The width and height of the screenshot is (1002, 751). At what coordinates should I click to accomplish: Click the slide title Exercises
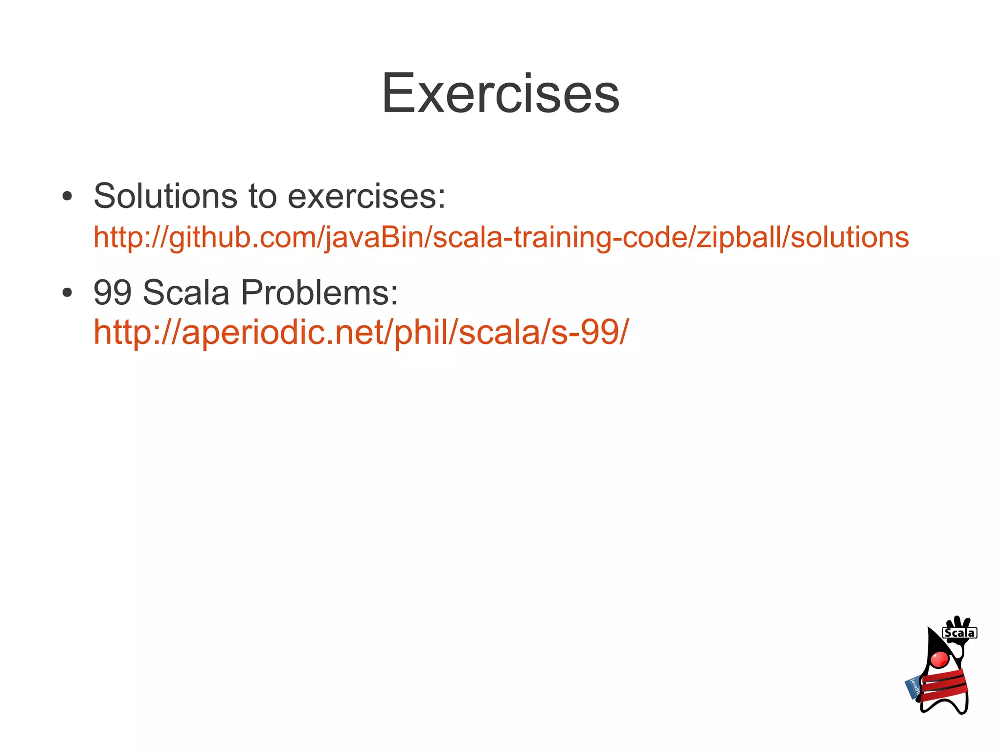click(x=500, y=93)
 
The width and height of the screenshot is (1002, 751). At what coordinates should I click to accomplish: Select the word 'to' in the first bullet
click(x=262, y=196)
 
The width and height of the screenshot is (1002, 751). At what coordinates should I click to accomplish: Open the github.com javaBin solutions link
click(x=501, y=237)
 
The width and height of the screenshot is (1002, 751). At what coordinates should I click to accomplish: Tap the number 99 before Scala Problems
click(x=113, y=292)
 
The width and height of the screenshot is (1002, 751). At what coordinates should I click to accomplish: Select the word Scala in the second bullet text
click(x=186, y=292)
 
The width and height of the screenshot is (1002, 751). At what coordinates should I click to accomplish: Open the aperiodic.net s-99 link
click(x=361, y=332)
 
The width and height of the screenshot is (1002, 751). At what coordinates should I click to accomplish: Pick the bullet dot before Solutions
click(x=68, y=197)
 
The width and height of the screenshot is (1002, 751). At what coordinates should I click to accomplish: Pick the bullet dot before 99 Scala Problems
click(x=68, y=293)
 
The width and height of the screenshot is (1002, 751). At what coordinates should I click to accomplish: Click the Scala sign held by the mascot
click(x=959, y=633)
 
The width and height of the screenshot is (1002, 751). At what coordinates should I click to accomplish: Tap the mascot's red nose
click(x=939, y=659)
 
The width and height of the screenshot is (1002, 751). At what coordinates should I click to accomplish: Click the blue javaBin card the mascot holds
click(x=912, y=688)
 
